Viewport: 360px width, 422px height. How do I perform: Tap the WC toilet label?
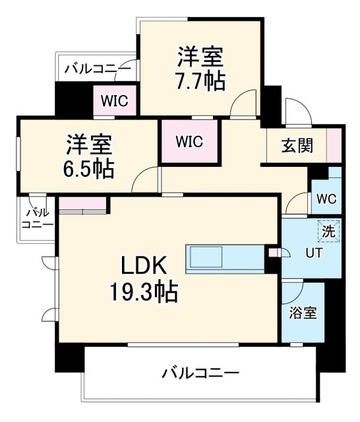[x=326, y=198]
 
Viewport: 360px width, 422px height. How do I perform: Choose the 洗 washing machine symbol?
[x=328, y=231]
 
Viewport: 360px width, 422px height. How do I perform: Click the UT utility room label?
[x=313, y=252]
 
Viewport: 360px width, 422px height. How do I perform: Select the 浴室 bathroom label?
[x=303, y=313]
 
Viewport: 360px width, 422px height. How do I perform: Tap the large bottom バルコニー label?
[x=200, y=374]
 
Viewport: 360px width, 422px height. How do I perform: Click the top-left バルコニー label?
[x=98, y=67]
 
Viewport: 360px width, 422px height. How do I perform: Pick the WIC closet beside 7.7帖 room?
[x=115, y=102]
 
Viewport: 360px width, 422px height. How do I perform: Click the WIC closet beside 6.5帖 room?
[x=189, y=141]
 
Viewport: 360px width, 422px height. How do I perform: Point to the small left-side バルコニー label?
[x=38, y=218]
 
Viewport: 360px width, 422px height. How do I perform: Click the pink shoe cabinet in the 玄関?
[x=334, y=145]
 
